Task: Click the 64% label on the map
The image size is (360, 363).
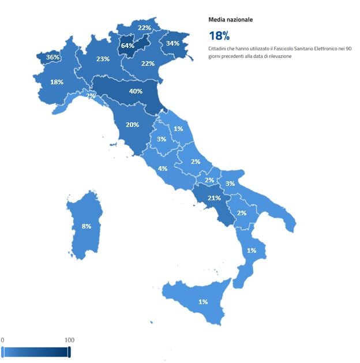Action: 127,46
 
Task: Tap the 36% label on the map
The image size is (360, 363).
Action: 52,58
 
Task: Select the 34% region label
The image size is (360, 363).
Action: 172,43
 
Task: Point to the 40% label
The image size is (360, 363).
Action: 136,91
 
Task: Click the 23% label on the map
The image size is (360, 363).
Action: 103,59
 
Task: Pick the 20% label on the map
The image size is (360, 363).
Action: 132,125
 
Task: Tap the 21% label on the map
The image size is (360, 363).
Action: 214,198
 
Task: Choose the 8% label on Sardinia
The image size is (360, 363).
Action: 86,226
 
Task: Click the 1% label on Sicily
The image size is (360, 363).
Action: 203,301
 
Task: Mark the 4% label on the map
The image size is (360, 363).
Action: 163,169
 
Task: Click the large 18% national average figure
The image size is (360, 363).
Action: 219,36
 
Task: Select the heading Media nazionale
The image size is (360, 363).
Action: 230,20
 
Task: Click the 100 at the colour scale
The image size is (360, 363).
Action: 69,340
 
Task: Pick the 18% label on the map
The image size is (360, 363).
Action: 57,82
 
